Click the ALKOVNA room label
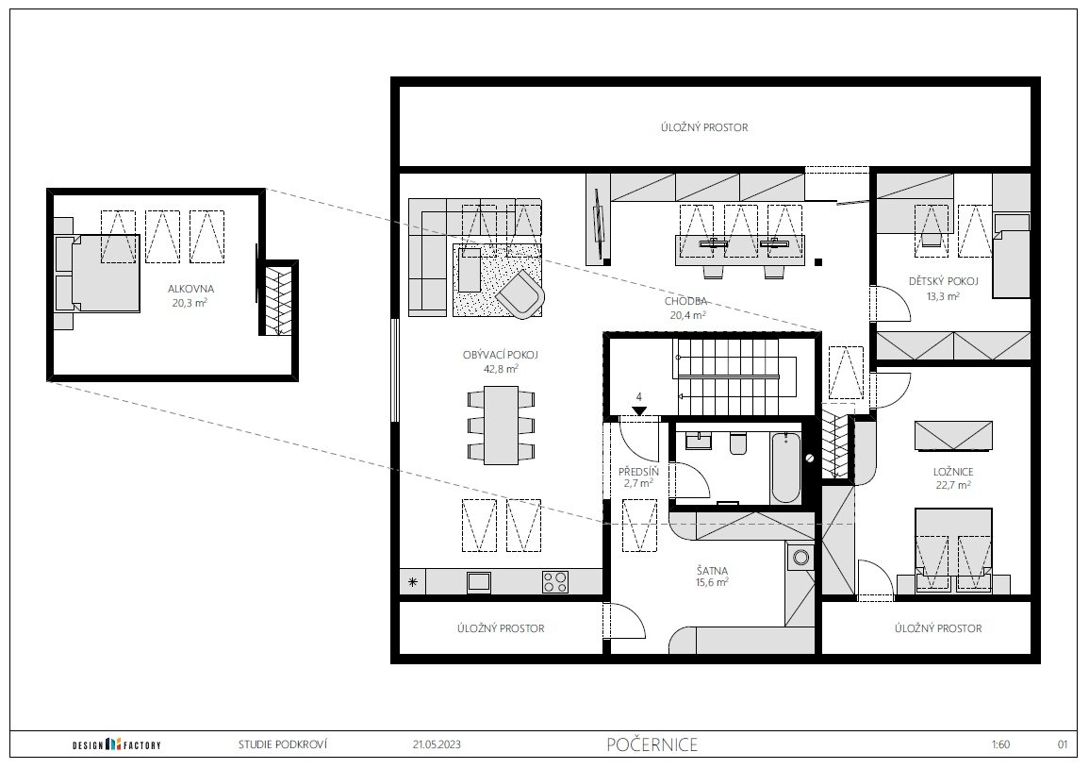click(x=191, y=289)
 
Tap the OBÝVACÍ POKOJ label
click(x=500, y=356)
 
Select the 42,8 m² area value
click(x=501, y=369)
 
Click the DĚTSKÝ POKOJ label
click(x=943, y=281)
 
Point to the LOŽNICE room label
click(x=953, y=472)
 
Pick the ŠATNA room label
click(x=712, y=571)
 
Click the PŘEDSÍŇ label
click(x=638, y=472)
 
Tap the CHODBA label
click(x=685, y=302)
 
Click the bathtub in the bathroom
click(x=786, y=466)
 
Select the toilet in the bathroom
click(x=737, y=443)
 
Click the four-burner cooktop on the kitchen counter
click(x=555, y=582)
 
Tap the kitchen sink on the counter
click(x=479, y=581)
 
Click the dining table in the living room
click(x=501, y=426)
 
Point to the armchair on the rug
click(x=520, y=294)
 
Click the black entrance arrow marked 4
click(x=639, y=411)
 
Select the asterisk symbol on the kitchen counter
click(x=413, y=582)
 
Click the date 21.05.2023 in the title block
click(x=437, y=744)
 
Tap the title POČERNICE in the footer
click(x=652, y=744)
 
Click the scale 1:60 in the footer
click(x=1000, y=744)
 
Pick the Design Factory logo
click(x=117, y=744)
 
